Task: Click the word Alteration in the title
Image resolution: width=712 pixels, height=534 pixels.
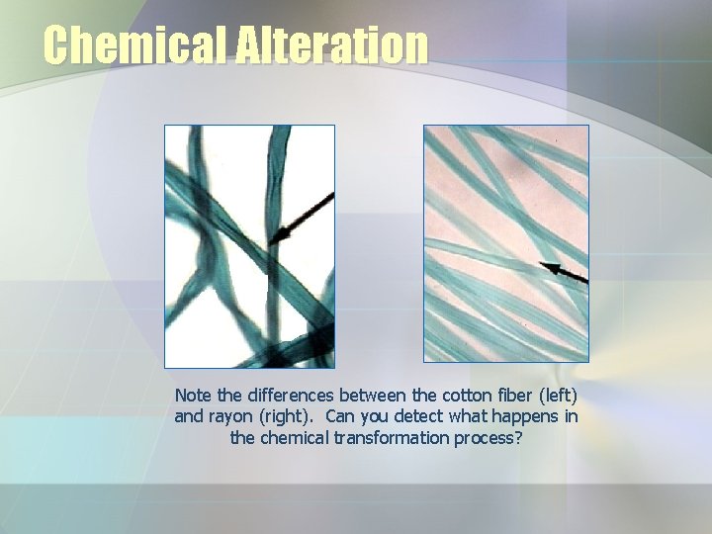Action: click(332, 45)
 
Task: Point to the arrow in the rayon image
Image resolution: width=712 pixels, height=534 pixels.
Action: click(563, 271)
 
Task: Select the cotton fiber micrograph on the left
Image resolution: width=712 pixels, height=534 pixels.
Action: click(249, 246)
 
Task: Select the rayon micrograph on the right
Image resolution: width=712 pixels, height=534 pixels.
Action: click(506, 243)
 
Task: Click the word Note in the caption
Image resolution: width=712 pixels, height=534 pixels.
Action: click(194, 396)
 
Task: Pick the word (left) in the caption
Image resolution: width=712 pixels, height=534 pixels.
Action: click(558, 396)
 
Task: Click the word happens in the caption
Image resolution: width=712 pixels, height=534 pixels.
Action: click(522, 416)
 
